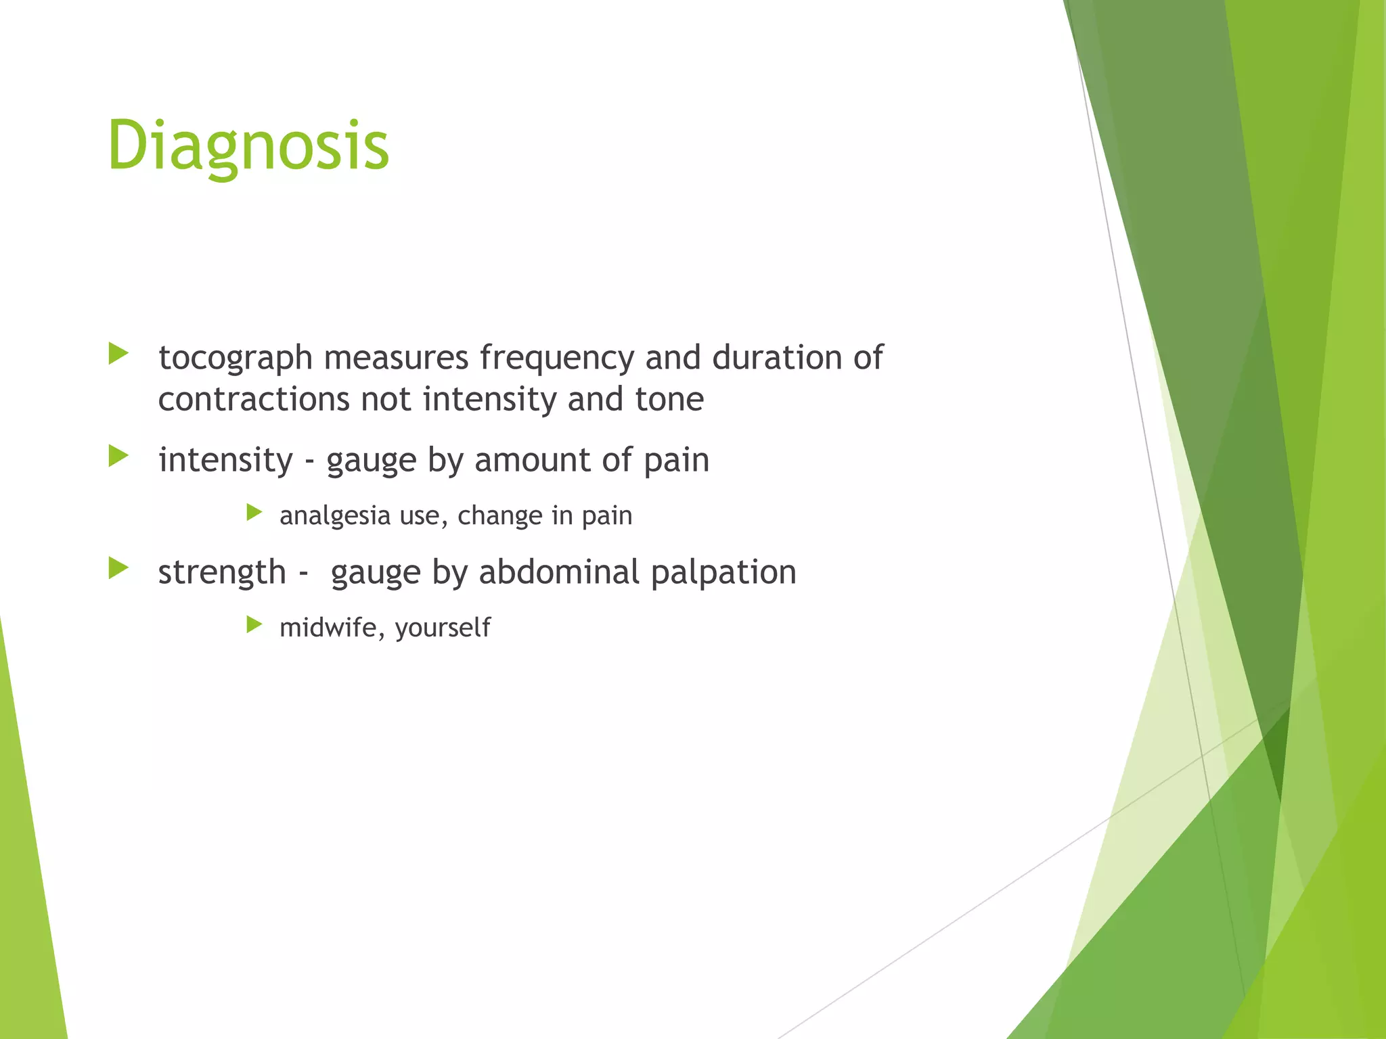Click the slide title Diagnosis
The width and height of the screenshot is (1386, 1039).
point(248,146)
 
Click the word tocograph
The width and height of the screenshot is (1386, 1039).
point(235,359)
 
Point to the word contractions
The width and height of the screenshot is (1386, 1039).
point(253,399)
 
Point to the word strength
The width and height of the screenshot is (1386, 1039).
point(222,573)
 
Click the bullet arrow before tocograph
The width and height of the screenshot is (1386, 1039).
point(118,353)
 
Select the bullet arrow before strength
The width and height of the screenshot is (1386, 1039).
point(118,568)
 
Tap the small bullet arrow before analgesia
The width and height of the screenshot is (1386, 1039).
point(254,512)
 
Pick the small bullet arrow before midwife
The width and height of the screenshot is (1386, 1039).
point(254,624)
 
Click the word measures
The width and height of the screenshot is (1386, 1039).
point(396,359)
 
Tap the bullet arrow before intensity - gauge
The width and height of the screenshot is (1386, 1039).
point(118,456)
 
